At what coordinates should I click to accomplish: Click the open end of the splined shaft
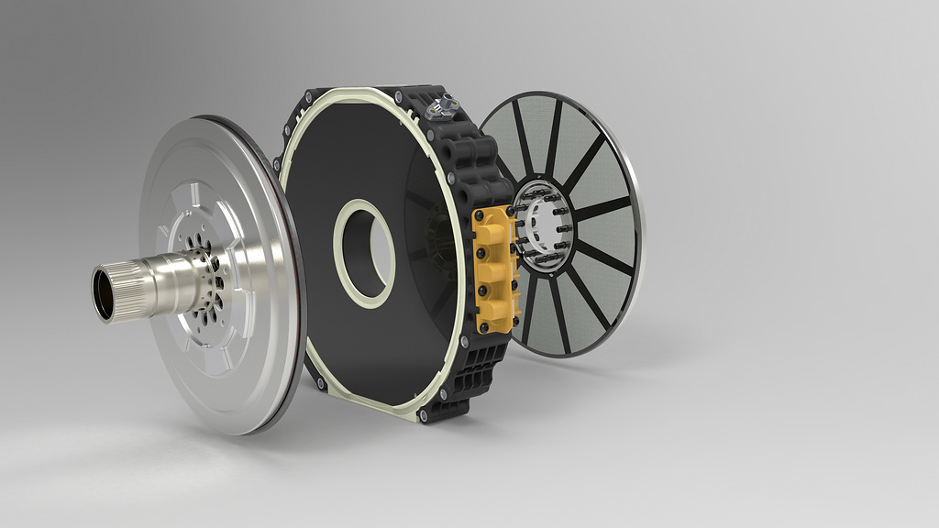pyautogui.click(x=104, y=292)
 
